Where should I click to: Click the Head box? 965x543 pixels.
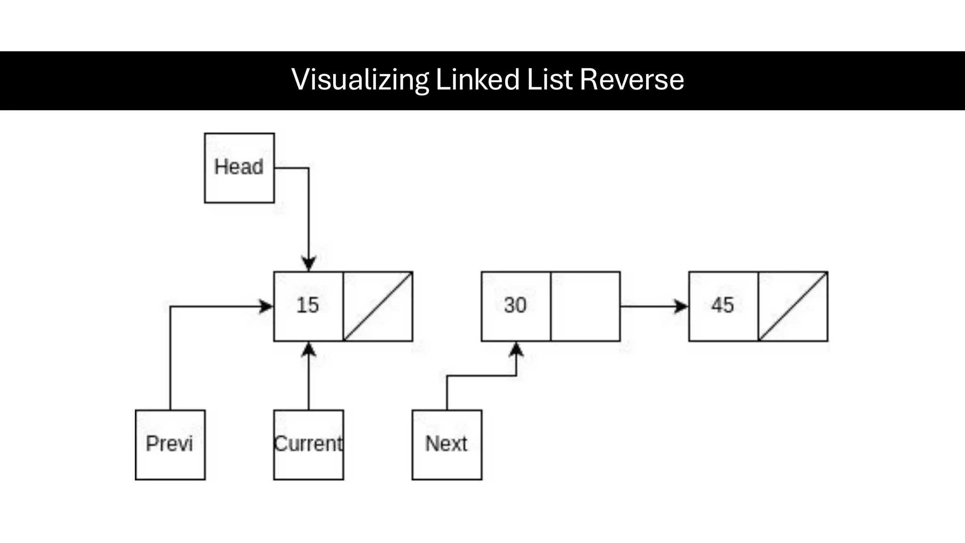(239, 168)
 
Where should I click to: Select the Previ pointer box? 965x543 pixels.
(170, 444)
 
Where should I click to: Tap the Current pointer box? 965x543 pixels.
(309, 444)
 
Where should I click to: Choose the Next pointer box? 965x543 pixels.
(447, 444)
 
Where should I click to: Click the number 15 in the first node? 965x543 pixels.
(308, 305)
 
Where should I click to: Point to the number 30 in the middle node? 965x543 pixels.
(515, 305)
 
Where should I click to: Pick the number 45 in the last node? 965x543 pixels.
(722, 305)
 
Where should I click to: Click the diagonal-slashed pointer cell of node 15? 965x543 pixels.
(378, 306)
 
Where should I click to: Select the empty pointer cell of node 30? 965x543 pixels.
(585, 306)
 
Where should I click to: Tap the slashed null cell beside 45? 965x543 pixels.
(793, 306)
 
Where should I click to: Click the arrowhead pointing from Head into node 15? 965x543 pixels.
(309, 264)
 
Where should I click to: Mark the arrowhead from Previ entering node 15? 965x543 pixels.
(266, 307)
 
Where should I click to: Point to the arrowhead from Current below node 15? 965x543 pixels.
(309, 349)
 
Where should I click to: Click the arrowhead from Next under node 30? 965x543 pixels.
(516, 349)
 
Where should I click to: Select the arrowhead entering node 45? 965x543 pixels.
(681, 306)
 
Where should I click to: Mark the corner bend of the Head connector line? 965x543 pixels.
(309, 168)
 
